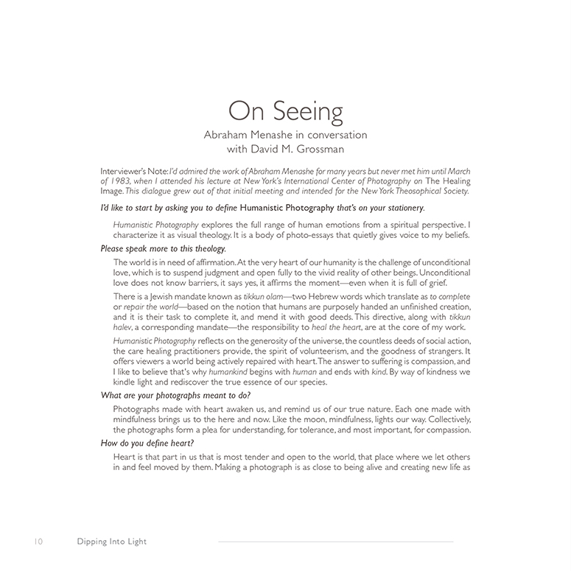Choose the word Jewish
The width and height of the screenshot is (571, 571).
(x=170, y=296)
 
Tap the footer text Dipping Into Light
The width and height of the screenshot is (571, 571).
(x=112, y=542)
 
